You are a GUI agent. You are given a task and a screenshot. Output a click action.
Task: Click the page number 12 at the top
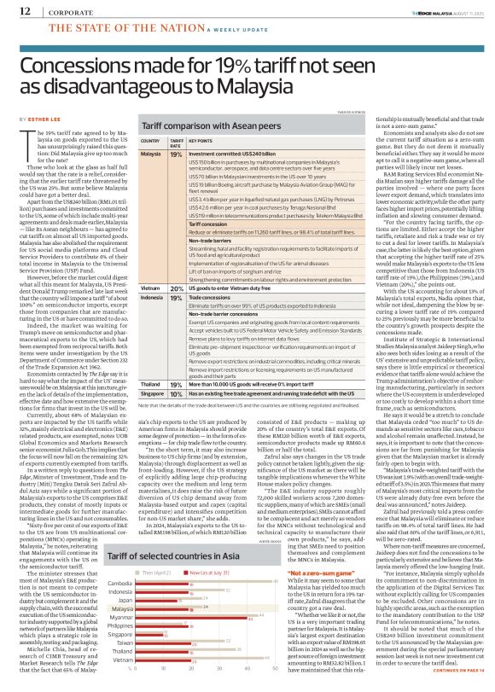point(15,10)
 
